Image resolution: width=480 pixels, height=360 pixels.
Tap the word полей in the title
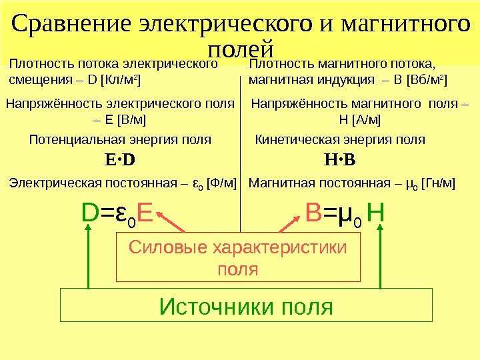pyautogui.click(x=241, y=49)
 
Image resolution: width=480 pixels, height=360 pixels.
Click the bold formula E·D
pyautogui.click(x=120, y=161)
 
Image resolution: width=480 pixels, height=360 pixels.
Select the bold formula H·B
pyautogui.click(x=340, y=161)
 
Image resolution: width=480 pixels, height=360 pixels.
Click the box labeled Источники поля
pyautogui.click(x=246, y=306)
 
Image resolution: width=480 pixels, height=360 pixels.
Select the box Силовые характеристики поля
pyautogui.click(x=239, y=257)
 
